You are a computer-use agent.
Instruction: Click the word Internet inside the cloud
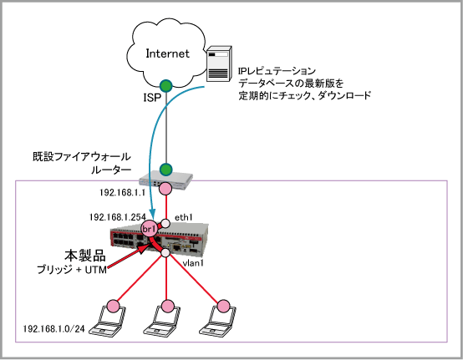pyautogui.click(x=168, y=53)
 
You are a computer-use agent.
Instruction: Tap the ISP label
pyautogui.click(x=152, y=98)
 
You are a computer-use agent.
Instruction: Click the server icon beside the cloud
pyautogui.click(x=219, y=63)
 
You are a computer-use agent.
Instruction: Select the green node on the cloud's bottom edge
pyautogui.click(x=166, y=85)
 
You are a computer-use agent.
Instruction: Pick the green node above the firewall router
pyautogui.click(x=166, y=170)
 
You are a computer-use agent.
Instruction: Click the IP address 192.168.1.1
pyautogui.click(x=123, y=193)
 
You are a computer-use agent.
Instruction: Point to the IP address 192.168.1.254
pyautogui.click(x=118, y=217)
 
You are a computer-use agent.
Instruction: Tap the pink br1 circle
pyautogui.click(x=149, y=229)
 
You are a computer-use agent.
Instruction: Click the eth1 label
pyautogui.click(x=184, y=217)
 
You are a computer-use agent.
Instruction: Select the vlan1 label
pyautogui.click(x=193, y=263)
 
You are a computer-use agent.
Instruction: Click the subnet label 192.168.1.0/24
pyautogui.click(x=53, y=329)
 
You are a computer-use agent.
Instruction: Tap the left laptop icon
pyautogui.click(x=108, y=321)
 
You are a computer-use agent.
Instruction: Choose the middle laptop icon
pyautogui.click(x=162, y=321)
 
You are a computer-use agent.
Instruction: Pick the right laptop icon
pyautogui.click(x=217, y=321)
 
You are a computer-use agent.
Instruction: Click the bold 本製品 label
pyautogui.click(x=85, y=256)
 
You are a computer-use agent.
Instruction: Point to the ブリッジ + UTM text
pyautogui.click(x=72, y=270)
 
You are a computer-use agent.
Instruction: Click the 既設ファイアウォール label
pyautogui.click(x=82, y=157)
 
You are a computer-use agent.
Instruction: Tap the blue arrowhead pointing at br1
pyautogui.click(x=152, y=212)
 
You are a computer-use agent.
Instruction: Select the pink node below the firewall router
pyautogui.click(x=165, y=189)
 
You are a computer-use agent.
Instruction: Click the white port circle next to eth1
pyautogui.click(x=165, y=224)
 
